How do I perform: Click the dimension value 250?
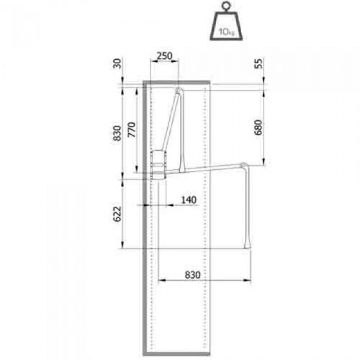tap(164, 56)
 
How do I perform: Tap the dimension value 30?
tap(117, 63)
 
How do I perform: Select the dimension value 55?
tap(259, 64)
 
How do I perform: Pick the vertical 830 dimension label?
tap(117, 133)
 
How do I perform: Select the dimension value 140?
tap(189, 200)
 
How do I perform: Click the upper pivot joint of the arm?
tap(178, 92)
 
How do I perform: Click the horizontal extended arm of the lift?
tap(211, 168)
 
